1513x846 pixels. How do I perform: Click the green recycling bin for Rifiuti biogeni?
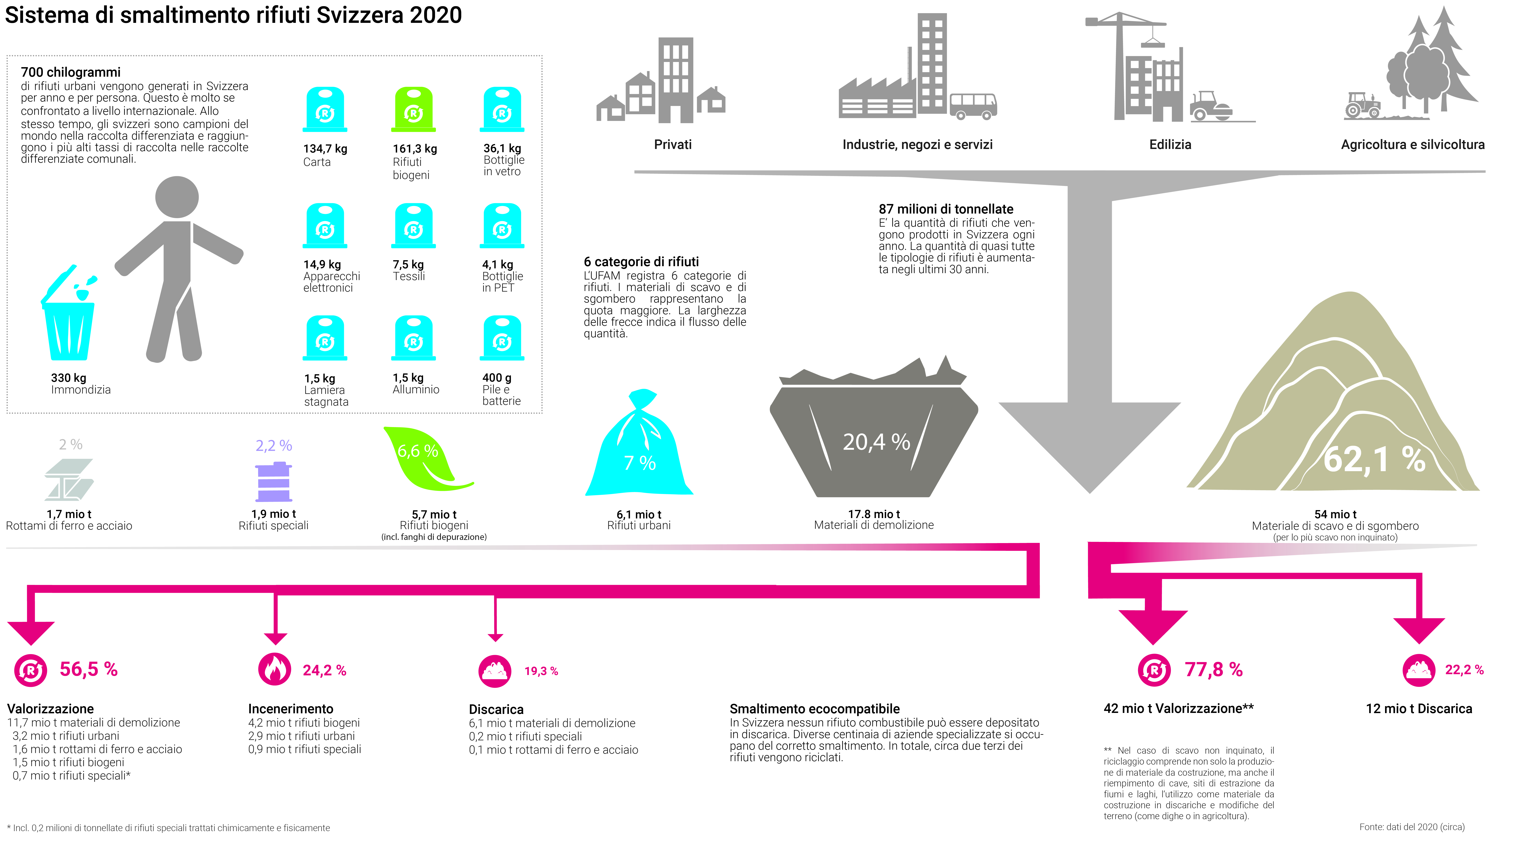click(413, 110)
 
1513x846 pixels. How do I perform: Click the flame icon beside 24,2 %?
click(274, 669)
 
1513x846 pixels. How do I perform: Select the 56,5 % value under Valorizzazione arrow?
click(89, 669)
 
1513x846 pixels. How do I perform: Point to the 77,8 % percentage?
click(1213, 669)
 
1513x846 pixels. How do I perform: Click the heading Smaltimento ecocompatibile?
click(814, 709)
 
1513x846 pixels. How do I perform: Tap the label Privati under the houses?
click(673, 144)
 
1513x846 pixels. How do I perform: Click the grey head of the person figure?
click(177, 197)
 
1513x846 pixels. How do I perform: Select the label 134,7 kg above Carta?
click(325, 149)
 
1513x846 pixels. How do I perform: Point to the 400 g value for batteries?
click(496, 377)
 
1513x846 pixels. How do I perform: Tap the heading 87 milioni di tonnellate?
click(946, 209)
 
